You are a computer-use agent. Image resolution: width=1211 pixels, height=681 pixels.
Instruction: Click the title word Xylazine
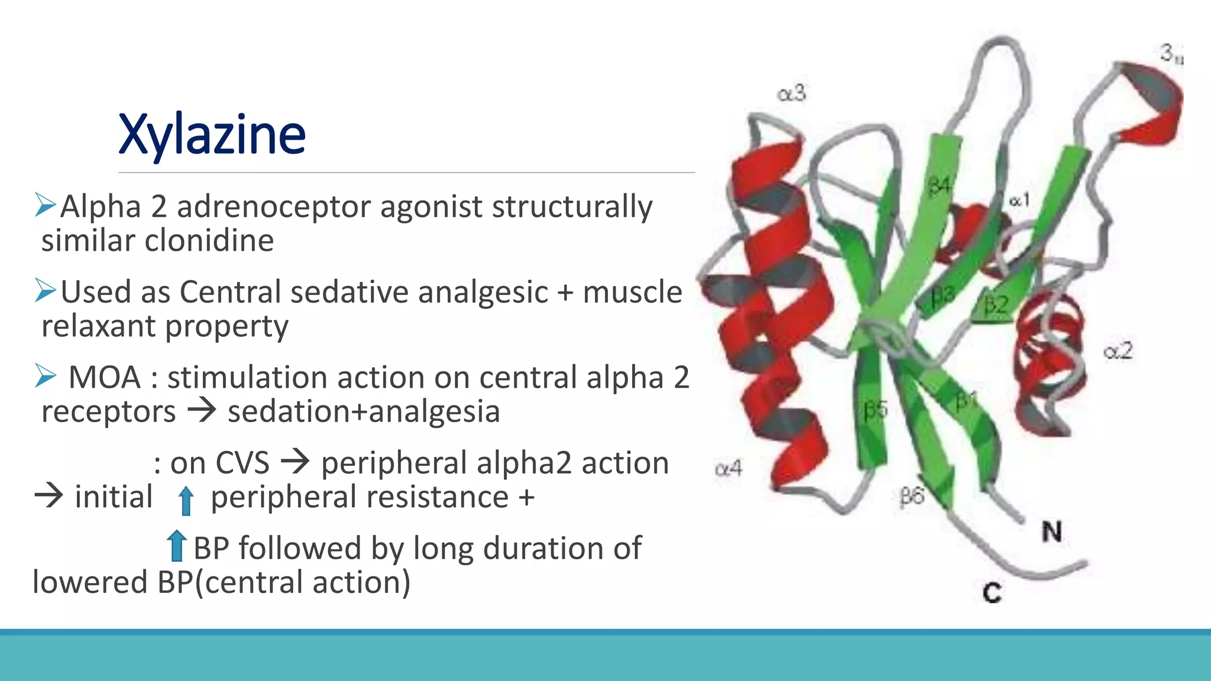pos(212,135)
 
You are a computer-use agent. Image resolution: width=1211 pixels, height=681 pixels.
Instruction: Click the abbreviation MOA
pos(105,378)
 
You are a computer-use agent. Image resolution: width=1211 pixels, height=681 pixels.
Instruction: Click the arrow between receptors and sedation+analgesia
pos(202,410)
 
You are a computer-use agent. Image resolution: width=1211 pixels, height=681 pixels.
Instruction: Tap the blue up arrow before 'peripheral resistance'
pos(186,500)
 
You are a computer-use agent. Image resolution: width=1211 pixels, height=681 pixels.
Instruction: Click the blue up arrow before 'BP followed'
pos(176,546)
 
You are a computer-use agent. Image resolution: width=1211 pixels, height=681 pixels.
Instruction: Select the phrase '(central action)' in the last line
pos(302,583)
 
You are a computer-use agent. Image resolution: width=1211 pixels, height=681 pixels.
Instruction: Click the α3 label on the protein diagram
pos(791,93)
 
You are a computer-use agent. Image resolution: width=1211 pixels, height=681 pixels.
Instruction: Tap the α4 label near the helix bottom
pos(728,469)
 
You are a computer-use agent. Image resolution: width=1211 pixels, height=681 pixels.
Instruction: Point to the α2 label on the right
pos(1118,351)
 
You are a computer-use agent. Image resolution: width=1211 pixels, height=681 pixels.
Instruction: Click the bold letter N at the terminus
pos(1051,531)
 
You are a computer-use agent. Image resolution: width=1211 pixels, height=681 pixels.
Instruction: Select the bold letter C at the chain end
pos(992,592)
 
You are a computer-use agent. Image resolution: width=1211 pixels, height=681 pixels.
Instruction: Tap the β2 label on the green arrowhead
pos(996,305)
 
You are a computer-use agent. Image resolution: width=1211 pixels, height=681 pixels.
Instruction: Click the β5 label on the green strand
pos(876,410)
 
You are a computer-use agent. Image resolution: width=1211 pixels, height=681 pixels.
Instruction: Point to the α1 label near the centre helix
pos(1019,200)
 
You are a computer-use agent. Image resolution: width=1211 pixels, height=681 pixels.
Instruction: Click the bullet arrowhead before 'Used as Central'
pos(46,290)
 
